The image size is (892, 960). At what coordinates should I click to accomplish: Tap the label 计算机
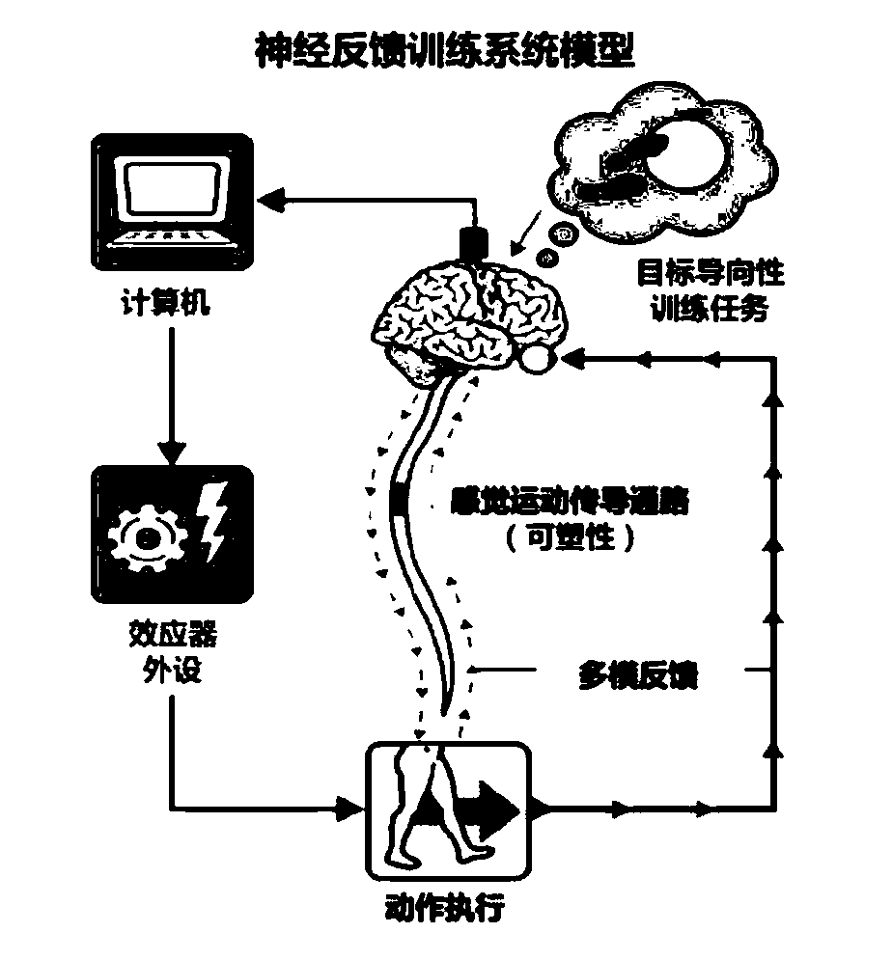[170, 306]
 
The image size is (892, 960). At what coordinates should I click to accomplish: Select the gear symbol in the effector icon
[147, 535]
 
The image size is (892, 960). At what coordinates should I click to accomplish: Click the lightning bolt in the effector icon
[212, 522]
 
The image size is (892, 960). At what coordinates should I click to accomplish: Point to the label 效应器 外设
[172, 653]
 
